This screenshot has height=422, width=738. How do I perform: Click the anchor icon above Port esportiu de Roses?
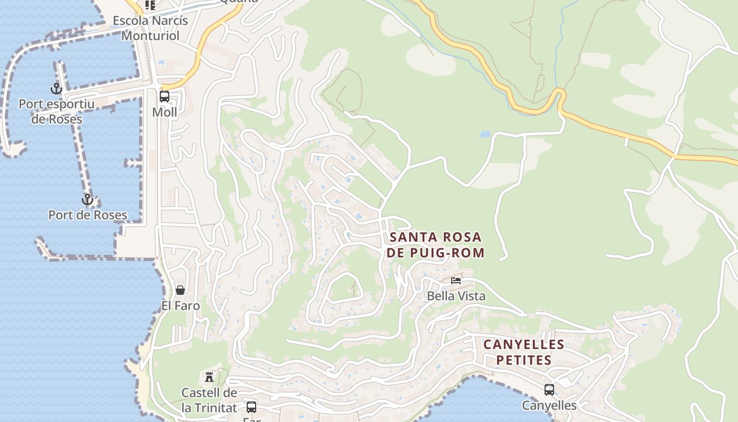[56, 89]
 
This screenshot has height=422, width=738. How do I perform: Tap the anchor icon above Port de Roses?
[87, 199]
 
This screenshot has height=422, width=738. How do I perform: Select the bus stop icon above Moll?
[164, 97]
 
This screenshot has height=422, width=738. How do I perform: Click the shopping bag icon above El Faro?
[180, 290]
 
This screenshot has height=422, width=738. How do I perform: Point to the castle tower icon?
[209, 377]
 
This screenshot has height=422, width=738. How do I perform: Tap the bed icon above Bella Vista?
[456, 280]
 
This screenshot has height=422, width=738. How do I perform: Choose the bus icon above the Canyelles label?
[549, 390]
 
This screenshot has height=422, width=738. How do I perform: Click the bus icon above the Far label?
[251, 407]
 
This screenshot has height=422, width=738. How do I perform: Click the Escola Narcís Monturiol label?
[150, 28]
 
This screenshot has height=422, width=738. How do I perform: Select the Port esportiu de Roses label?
[57, 111]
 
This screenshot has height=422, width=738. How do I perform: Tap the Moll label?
[164, 112]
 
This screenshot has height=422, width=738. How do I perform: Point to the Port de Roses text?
[88, 215]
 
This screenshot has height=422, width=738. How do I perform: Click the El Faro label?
[180, 306]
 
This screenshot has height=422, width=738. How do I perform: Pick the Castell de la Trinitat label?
[209, 400]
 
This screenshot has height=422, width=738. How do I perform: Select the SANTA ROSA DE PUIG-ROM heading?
[435, 245]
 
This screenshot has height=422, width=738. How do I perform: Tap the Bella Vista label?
[456, 296]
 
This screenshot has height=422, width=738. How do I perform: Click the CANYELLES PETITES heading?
[524, 352]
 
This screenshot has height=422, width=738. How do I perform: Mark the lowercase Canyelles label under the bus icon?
[549, 406]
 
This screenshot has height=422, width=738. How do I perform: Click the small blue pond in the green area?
[485, 135]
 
